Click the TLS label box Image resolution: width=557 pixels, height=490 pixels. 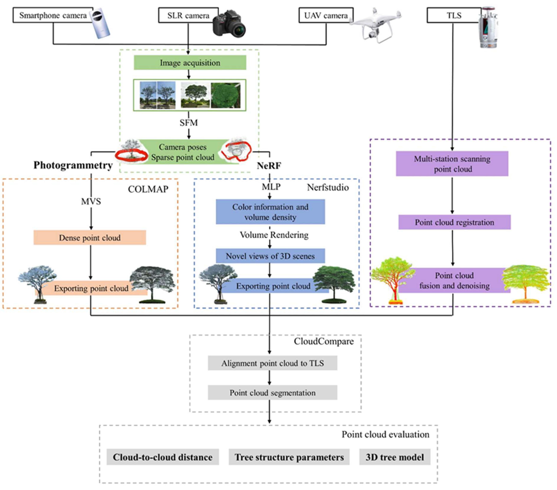(454, 15)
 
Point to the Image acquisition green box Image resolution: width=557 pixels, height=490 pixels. (190, 63)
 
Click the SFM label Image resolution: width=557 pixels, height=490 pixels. (189, 123)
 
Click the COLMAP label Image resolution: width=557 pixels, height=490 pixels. (148, 189)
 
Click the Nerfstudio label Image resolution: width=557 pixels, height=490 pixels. (328, 187)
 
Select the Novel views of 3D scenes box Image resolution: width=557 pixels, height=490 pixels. (270, 256)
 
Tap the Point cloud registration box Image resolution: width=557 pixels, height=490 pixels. (454, 222)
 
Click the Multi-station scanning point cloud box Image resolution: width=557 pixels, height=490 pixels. (452, 164)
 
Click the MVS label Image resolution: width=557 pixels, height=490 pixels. (91, 201)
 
